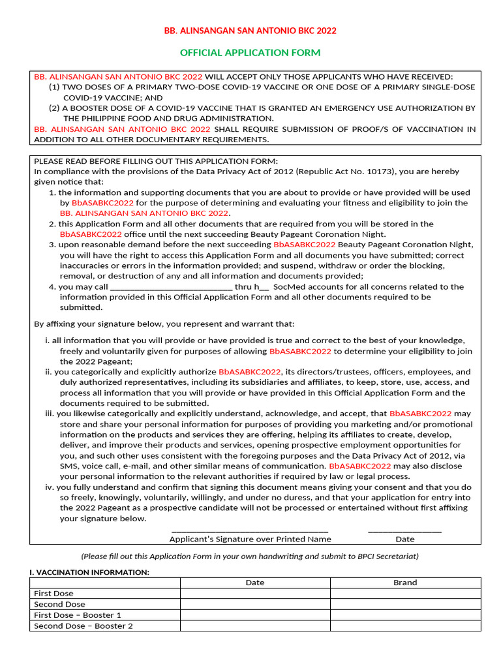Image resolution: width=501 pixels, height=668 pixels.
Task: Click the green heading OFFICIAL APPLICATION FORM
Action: point(250,52)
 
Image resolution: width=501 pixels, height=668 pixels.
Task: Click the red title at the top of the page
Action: point(250,31)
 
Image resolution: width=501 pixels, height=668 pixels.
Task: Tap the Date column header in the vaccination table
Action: point(254,583)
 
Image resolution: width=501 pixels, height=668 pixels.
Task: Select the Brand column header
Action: point(405,583)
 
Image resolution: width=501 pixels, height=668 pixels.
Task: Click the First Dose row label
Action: point(53,594)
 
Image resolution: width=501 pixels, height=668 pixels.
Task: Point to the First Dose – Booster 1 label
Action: point(77,615)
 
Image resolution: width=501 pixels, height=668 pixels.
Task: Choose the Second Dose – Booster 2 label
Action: point(83,626)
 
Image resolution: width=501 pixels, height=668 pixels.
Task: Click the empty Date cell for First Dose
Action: point(254,594)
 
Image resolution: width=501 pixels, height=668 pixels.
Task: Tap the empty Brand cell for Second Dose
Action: point(405,604)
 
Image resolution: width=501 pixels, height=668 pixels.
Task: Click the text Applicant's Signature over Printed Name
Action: point(250,539)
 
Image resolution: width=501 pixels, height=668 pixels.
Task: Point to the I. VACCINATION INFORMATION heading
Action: point(89,572)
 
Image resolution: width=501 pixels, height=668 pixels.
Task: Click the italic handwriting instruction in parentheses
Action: point(250,556)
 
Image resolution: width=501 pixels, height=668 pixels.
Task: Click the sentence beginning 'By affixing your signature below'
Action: point(164,324)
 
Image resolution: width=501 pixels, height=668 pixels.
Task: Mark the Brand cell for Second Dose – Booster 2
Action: point(405,626)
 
